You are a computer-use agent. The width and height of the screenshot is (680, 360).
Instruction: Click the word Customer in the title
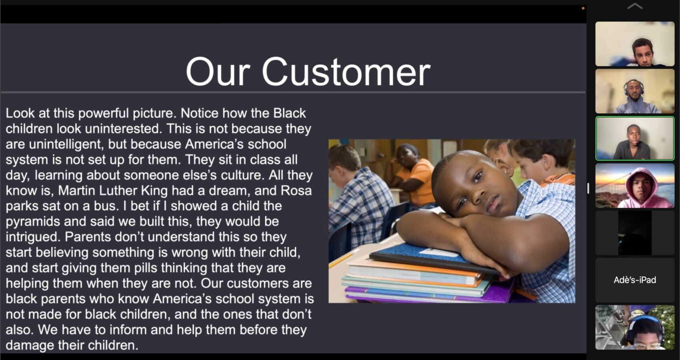[x=346, y=72]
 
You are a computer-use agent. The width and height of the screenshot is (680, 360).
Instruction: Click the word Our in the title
[x=218, y=72]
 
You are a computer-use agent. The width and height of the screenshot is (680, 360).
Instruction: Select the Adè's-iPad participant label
[x=635, y=280]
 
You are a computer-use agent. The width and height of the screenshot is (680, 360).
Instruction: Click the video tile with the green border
[x=635, y=138]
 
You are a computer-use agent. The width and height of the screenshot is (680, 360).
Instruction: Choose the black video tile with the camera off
[x=635, y=233]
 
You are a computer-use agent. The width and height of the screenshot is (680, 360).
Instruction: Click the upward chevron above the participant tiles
[x=635, y=6]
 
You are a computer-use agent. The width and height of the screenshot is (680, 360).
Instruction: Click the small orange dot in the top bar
[x=583, y=8]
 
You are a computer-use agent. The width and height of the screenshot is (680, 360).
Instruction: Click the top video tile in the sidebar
[x=635, y=44]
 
